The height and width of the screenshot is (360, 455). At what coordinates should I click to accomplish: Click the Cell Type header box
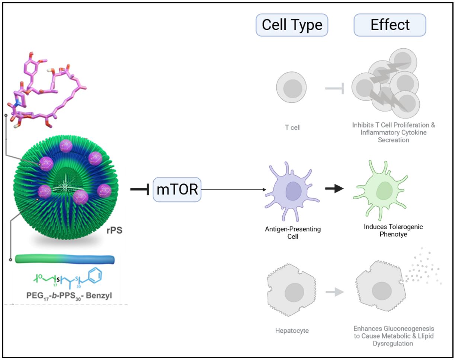292,25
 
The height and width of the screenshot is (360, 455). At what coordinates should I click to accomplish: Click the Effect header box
390,25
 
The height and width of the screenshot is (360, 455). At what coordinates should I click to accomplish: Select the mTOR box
177,189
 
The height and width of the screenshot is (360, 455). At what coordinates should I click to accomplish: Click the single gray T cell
291,87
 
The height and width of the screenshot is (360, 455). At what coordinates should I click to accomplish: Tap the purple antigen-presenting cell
292,191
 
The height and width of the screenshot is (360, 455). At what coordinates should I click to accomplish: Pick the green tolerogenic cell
381,191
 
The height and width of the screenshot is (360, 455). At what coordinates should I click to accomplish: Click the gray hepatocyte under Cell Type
292,290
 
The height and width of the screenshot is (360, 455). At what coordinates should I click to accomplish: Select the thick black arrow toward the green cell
334,188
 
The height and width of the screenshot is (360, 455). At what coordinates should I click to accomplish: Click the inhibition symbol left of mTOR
140,189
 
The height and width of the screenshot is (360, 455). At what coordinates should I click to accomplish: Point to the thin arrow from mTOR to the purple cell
234,189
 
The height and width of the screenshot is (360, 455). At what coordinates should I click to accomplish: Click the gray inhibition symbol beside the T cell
334,88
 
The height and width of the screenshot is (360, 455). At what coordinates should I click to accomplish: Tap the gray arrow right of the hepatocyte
335,292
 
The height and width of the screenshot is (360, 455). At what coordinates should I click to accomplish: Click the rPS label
114,230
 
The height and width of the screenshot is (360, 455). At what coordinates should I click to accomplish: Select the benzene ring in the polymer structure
95,275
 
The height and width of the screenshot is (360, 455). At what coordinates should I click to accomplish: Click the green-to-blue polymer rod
65,259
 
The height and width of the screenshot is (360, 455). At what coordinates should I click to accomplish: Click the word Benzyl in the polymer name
99,296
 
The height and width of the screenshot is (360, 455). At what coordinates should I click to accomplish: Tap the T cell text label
293,127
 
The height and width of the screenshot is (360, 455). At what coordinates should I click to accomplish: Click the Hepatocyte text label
292,331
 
